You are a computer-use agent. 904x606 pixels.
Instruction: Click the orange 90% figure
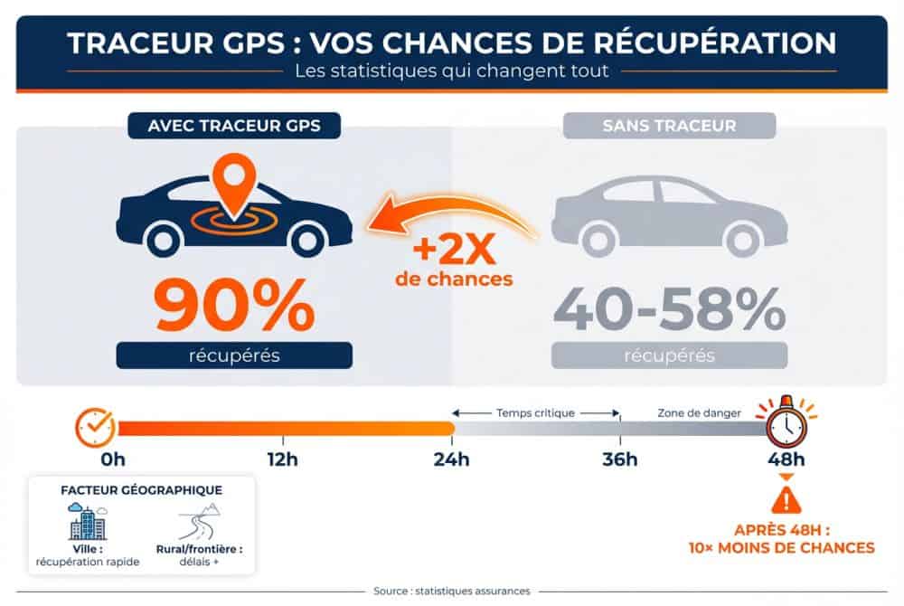pyautogui.click(x=234, y=306)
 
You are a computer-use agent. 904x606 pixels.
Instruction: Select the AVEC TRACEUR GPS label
pyautogui.click(x=234, y=126)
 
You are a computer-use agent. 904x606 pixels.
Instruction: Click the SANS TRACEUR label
pyautogui.click(x=669, y=126)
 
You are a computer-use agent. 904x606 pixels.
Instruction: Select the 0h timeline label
pyautogui.click(x=113, y=459)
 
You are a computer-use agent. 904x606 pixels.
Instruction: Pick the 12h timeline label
pyautogui.click(x=282, y=459)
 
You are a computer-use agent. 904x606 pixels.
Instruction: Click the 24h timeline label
pyautogui.click(x=452, y=459)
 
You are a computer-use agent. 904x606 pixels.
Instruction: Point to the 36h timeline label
pyautogui.click(x=620, y=459)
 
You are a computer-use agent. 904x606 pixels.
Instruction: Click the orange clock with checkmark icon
pyautogui.click(x=95, y=427)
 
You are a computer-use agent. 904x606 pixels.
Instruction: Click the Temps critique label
pyautogui.click(x=535, y=412)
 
